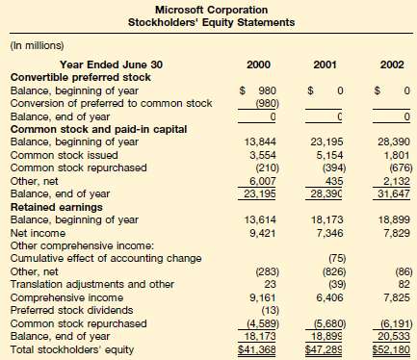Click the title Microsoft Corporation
click(208, 8)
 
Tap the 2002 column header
click(391, 64)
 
